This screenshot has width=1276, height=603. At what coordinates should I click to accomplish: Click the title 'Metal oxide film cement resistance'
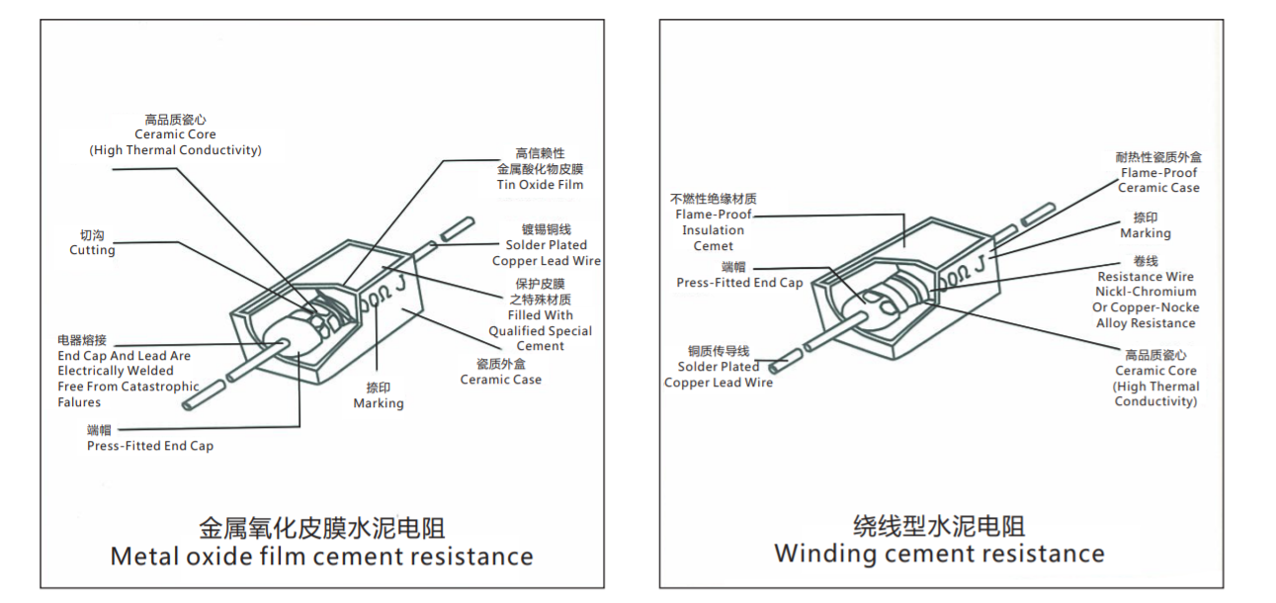(x=321, y=557)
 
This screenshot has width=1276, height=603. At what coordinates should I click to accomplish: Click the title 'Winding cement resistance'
(x=939, y=553)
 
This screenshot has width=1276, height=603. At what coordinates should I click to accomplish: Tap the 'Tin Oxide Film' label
(x=540, y=185)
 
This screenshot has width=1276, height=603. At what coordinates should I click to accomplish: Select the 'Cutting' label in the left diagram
(x=92, y=251)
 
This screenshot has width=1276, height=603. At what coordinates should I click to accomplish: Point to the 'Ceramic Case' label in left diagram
(x=500, y=380)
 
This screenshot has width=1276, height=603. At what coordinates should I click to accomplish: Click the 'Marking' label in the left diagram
(x=379, y=403)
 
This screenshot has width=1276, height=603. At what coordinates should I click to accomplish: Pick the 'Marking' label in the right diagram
(x=1145, y=233)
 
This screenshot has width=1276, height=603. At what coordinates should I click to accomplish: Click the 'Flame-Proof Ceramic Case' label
(x=1158, y=180)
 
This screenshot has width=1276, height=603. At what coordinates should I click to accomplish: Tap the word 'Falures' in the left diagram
(x=79, y=402)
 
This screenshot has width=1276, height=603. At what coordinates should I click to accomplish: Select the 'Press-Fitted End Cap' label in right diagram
(x=739, y=283)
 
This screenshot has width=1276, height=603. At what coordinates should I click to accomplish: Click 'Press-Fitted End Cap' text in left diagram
(x=150, y=446)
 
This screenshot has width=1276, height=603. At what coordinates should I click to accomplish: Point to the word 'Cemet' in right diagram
(x=713, y=246)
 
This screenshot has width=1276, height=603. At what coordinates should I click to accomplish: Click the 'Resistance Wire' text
(x=1146, y=277)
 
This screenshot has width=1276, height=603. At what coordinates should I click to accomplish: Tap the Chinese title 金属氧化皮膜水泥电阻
(x=321, y=526)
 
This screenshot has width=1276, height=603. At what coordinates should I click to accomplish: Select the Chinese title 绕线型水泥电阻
(x=939, y=525)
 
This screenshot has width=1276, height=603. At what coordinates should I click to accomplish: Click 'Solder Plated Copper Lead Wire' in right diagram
(x=719, y=375)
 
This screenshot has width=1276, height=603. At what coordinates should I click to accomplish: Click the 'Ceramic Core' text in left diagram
(x=175, y=134)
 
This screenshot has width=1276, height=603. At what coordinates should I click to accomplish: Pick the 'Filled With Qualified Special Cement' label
(x=540, y=331)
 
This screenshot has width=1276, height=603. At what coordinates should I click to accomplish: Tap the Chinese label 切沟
(x=92, y=235)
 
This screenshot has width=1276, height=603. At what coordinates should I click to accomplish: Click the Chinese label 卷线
(x=1145, y=261)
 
